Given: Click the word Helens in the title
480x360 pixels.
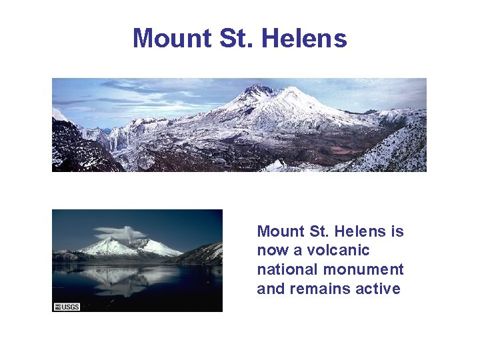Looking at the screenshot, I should click(x=305, y=39).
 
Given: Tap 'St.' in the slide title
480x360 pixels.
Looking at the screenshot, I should click(x=236, y=39).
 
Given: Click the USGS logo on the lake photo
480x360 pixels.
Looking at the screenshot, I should click(x=66, y=306).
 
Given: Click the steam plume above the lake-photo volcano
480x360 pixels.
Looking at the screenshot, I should click(x=123, y=233).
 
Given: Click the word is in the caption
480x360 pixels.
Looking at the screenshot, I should click(x=397, y=231).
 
